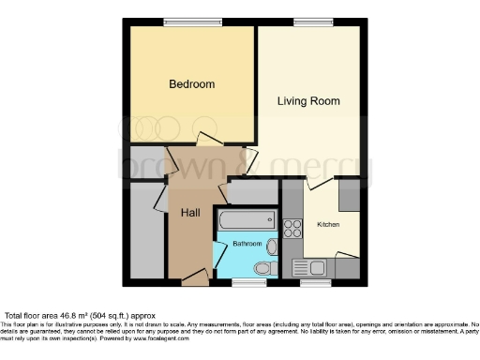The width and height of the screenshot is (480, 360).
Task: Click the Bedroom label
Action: coord(191,84)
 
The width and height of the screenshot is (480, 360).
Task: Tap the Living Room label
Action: coord(307,100)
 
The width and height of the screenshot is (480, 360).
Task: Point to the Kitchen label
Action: coord(328,225)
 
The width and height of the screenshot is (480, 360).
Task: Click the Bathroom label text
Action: coord(247,244)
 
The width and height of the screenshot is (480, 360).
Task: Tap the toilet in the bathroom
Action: coord(262,268)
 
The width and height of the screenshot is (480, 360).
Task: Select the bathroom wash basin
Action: coord(272,247)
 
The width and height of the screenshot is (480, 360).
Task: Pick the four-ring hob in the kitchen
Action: coord(292,227)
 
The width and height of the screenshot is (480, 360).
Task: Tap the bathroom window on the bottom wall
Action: coord(247,280)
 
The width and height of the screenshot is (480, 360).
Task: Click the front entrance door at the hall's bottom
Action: coord(195,276)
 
